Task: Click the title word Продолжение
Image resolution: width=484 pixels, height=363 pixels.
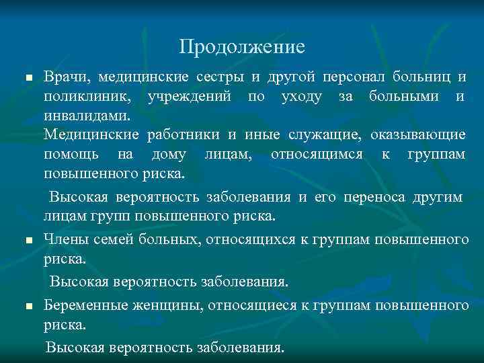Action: [x=242, y=47]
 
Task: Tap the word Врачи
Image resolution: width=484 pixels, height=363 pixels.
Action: [x=63, y=77]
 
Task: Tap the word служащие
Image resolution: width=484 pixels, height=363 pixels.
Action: [x=325, y=135]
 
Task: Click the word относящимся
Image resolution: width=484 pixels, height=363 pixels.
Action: [x=316, y=155]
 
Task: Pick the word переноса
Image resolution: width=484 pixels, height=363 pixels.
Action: [x=370, y=198]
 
